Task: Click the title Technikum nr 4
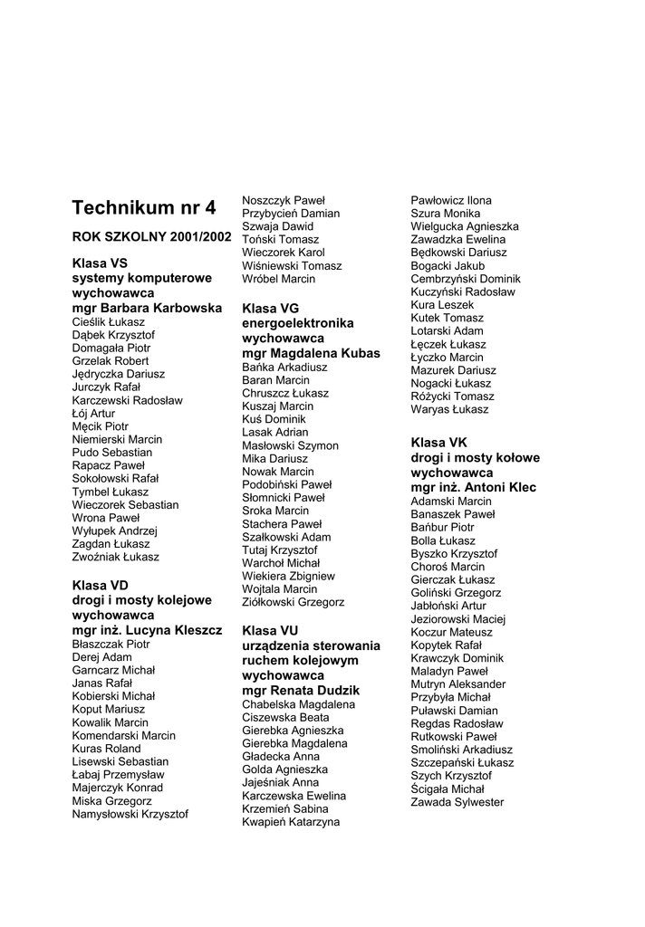point(144,207)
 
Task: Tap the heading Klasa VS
point(100,263)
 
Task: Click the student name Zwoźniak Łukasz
point(115,557)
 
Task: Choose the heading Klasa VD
point(101,585)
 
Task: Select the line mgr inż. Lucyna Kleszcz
point(147,629)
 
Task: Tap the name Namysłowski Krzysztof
point(130,814)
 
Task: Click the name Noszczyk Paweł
point(283,200)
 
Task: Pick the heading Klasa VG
point(270,309)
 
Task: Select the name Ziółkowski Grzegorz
point(293,602)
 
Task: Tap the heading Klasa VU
point(270,630)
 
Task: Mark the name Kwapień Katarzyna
point(291,822)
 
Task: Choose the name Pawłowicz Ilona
point(451,200)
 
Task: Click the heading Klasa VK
point(438,443)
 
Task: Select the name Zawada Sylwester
point(457,802)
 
